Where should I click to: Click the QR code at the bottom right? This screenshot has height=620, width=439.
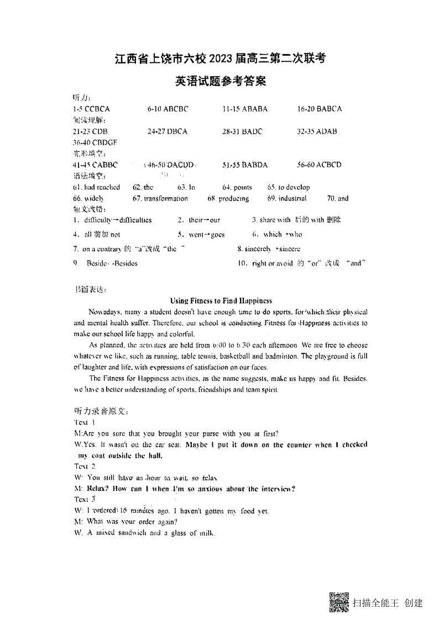(339, 602)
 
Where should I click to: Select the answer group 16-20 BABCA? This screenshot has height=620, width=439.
(320, 109)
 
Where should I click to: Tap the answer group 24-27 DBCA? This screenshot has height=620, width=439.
(168, 131)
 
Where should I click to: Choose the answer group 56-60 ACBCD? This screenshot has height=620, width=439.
(319, 165)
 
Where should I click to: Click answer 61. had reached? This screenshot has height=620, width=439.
(96, 188)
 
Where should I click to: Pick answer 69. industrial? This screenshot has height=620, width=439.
(287, 199)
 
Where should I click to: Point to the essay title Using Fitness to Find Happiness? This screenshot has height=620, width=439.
(221, 301)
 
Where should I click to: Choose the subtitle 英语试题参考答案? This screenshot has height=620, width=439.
(221, 81)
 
